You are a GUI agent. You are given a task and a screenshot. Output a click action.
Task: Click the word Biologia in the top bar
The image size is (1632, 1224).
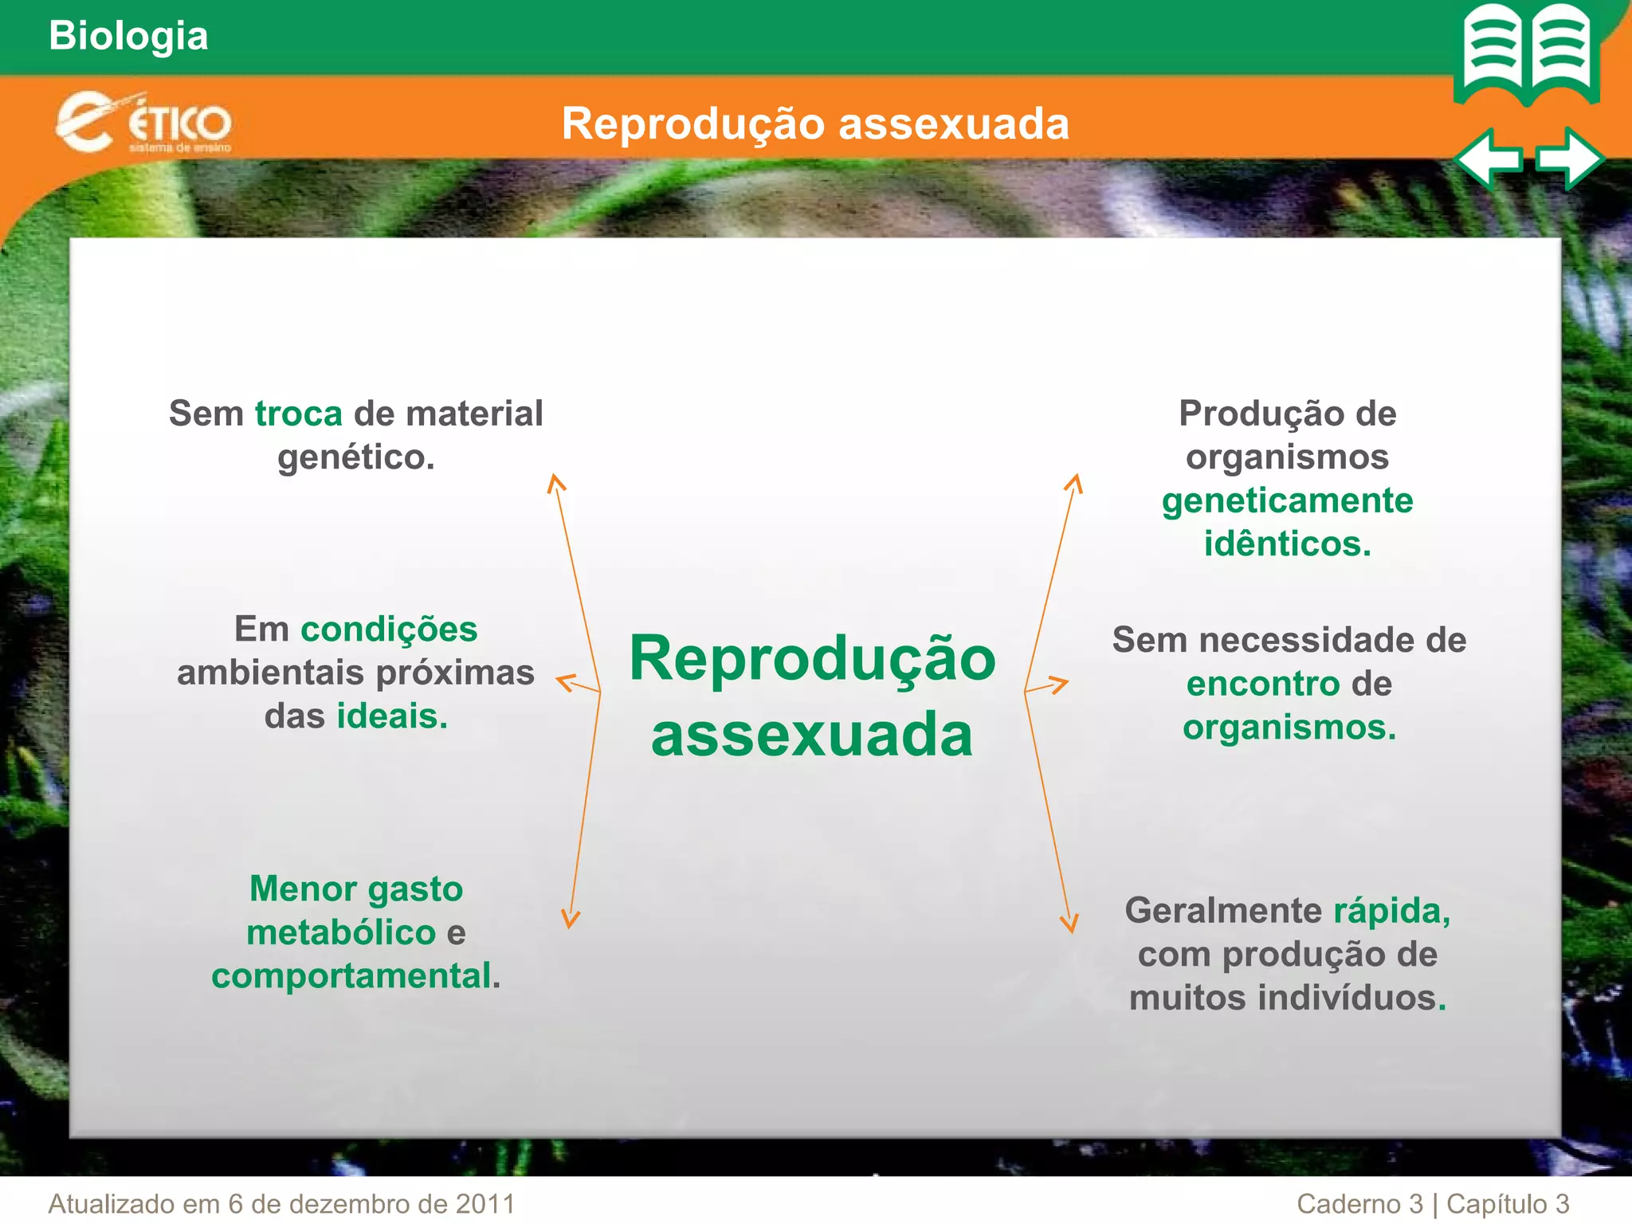tap(128, 37)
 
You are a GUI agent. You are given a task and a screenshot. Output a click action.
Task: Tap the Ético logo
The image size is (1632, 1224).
tap(143, 123)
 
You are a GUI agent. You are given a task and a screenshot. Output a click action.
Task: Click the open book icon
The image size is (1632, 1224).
tap(1527, 54)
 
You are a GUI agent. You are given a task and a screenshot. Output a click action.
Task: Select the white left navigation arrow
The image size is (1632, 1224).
tap(1487, 159)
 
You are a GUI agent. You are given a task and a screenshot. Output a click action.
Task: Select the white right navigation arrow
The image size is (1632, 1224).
tap(1569, 159)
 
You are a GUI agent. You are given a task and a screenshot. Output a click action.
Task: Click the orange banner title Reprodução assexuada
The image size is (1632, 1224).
tap(815, 124)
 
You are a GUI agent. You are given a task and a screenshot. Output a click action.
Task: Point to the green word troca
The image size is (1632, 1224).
tap(299, 414)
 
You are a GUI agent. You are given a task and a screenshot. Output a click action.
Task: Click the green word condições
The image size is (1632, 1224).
tap(389, 630)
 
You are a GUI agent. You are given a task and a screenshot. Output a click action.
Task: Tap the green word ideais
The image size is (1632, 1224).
tap(392, 716)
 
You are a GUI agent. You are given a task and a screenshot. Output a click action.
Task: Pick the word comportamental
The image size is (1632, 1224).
tap(351, 976)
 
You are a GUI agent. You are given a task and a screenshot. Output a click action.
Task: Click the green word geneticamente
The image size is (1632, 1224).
tap(1287, 501)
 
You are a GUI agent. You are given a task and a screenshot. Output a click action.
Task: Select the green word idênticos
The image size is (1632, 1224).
tap(1287, 544)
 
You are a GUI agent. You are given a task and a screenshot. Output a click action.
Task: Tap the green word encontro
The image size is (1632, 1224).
tap(1263, 685)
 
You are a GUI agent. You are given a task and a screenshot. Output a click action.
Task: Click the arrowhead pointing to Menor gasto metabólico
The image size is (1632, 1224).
tap(571, 920)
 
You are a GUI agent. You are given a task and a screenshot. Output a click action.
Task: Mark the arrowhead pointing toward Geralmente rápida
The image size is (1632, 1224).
tap(1069, 924)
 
